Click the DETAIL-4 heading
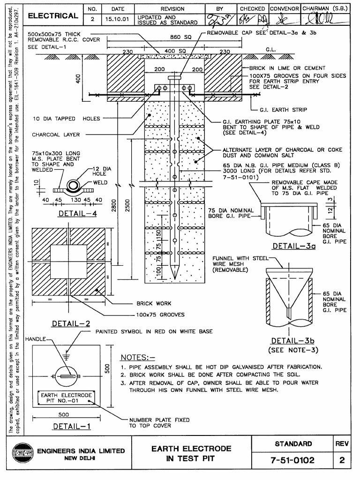coord(77,214)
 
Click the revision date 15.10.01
coord(111,19)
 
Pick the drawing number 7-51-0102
coord(292,460)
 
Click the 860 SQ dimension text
coord(180,38)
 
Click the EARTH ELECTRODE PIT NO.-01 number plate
coord(66,398)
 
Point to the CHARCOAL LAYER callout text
coord(56,135)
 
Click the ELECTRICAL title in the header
coord(53,16)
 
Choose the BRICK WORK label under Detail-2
coord(154,304)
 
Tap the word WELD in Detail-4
coord(100,182)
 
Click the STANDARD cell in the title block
coord(293,443)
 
